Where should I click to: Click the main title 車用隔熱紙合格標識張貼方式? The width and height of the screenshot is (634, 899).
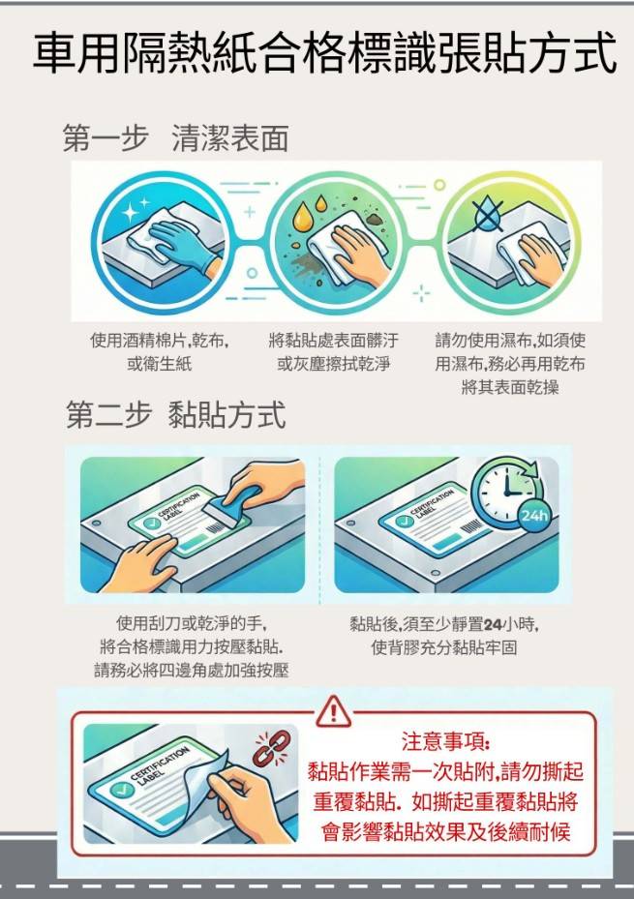coord(324,54)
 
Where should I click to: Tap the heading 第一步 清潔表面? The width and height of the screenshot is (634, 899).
coord(175,138)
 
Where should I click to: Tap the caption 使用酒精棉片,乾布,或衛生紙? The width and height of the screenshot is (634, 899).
coord(160,352)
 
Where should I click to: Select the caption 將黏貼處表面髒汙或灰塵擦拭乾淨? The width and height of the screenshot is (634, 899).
coord(333,352)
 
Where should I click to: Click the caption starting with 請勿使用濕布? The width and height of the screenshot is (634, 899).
coord(510,364)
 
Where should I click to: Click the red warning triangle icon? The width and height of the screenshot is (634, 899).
coord(333,711)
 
